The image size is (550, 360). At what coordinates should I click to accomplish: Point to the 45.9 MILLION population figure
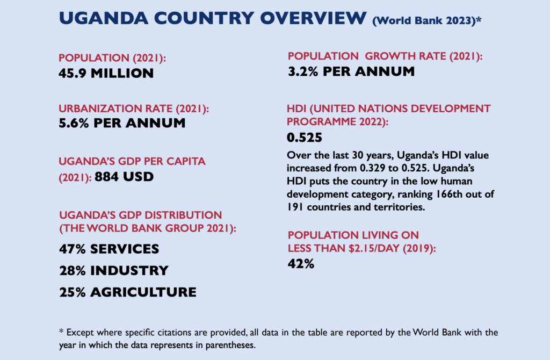(106, 73)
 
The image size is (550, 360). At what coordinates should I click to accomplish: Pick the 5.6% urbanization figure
(74, 123)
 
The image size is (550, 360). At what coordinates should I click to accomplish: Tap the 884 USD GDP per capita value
(124, 176)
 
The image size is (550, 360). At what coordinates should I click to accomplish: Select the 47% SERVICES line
(108, 249)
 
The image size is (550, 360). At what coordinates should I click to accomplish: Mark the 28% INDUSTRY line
(113, 270)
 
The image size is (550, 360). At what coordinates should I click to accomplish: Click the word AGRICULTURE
(143, 292)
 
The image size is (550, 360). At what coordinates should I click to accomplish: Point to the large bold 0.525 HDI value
(304, 138)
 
